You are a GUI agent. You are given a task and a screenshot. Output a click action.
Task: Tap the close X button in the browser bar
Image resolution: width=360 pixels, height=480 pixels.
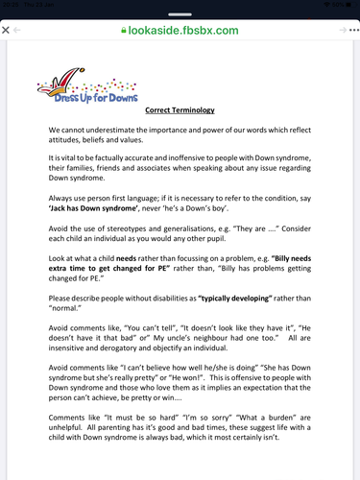pyautogui.click(x=8, y=31)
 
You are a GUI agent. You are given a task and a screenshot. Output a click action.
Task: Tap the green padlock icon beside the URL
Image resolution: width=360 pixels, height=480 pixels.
pyautogui.click(x=121, y=31)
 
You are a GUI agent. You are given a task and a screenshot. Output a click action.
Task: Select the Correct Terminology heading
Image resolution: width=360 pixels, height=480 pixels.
pyautogui.click(x=180, y=110)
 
